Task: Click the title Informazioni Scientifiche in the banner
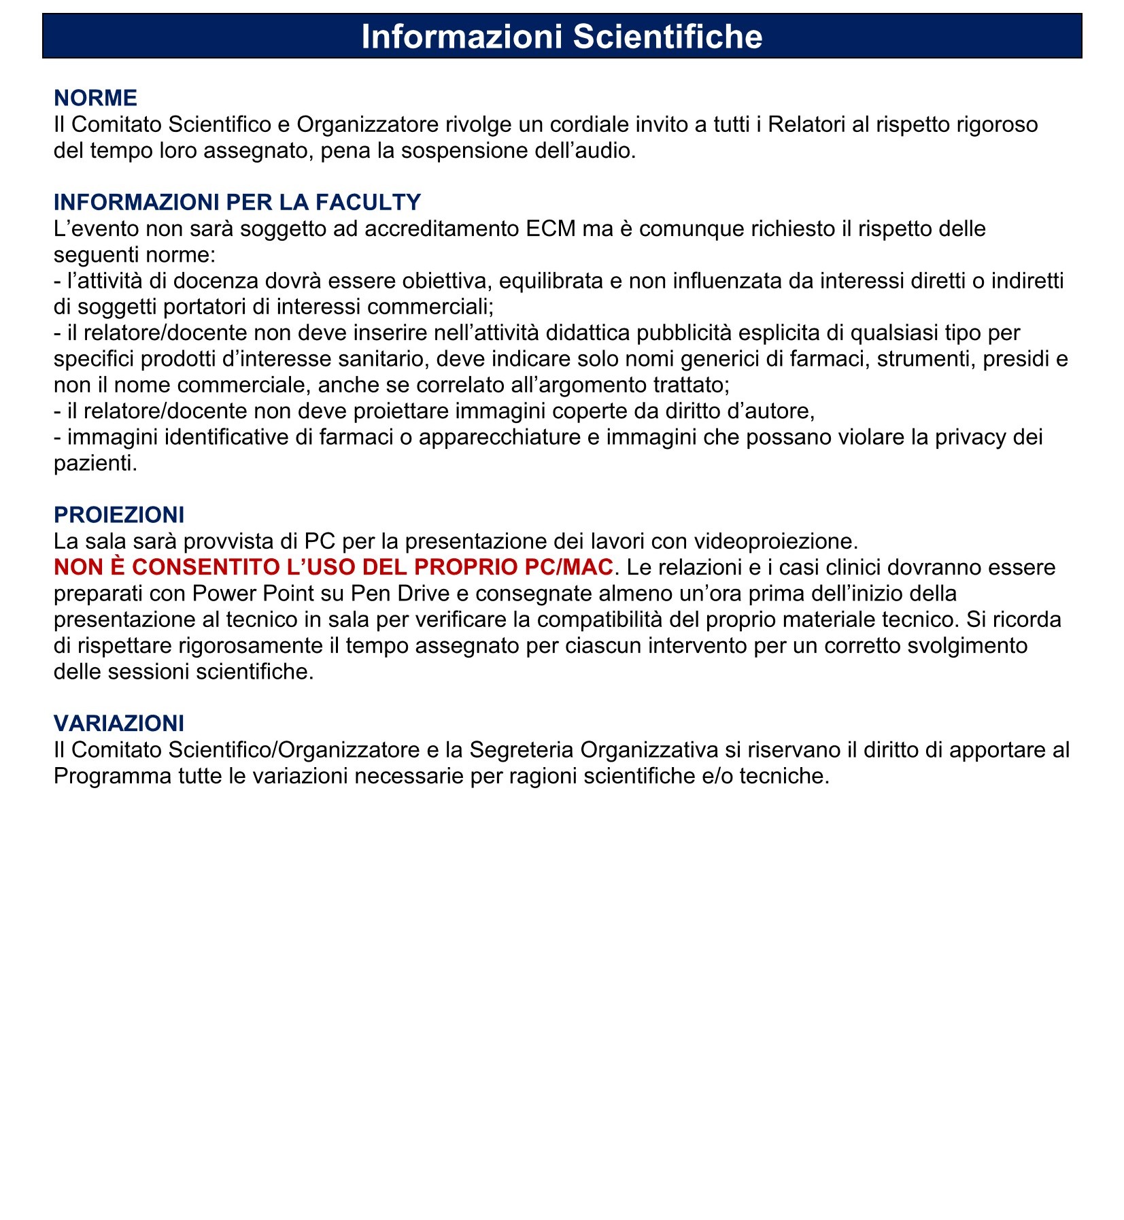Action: coord(562,36)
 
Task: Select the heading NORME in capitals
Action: coord(95,98)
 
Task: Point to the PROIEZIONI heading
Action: coord(119,515)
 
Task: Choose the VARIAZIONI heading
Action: coord(119,723)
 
